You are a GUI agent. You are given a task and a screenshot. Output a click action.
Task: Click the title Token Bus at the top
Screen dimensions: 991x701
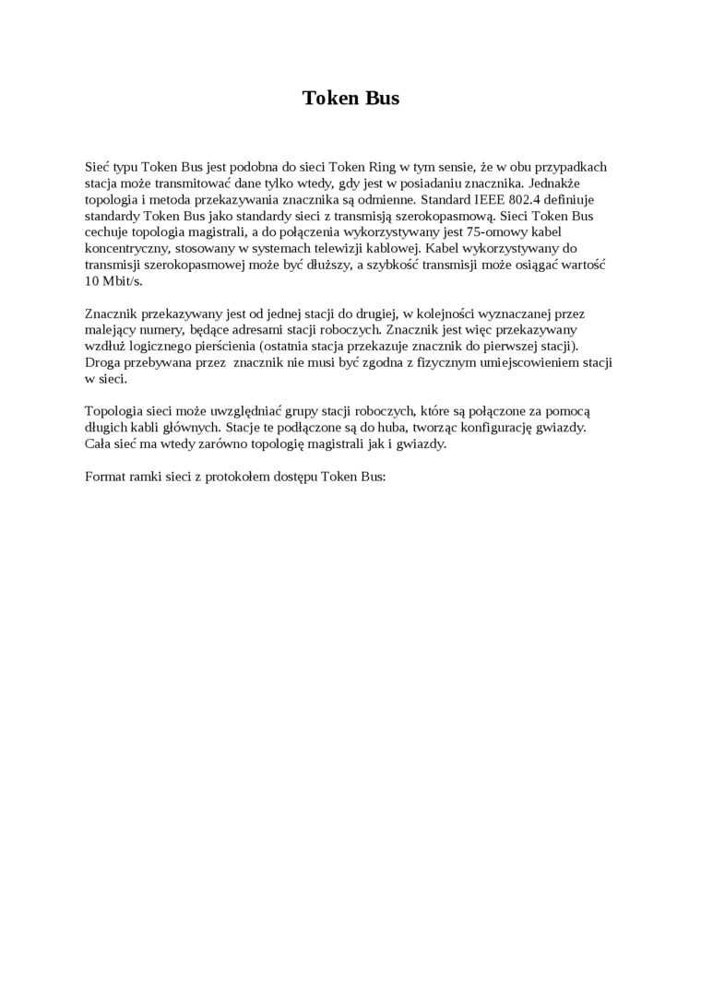pos(350,98)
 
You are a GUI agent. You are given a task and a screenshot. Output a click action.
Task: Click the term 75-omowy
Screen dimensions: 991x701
pos(499,232)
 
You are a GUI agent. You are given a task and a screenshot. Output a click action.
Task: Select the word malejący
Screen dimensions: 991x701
pos(111,330)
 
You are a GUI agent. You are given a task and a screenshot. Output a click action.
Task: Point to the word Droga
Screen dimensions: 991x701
pos(102,363)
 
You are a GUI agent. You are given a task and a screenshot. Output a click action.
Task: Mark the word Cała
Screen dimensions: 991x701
pos(100,444)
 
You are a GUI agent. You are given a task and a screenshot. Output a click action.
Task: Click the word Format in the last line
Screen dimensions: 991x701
pos(106,478)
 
